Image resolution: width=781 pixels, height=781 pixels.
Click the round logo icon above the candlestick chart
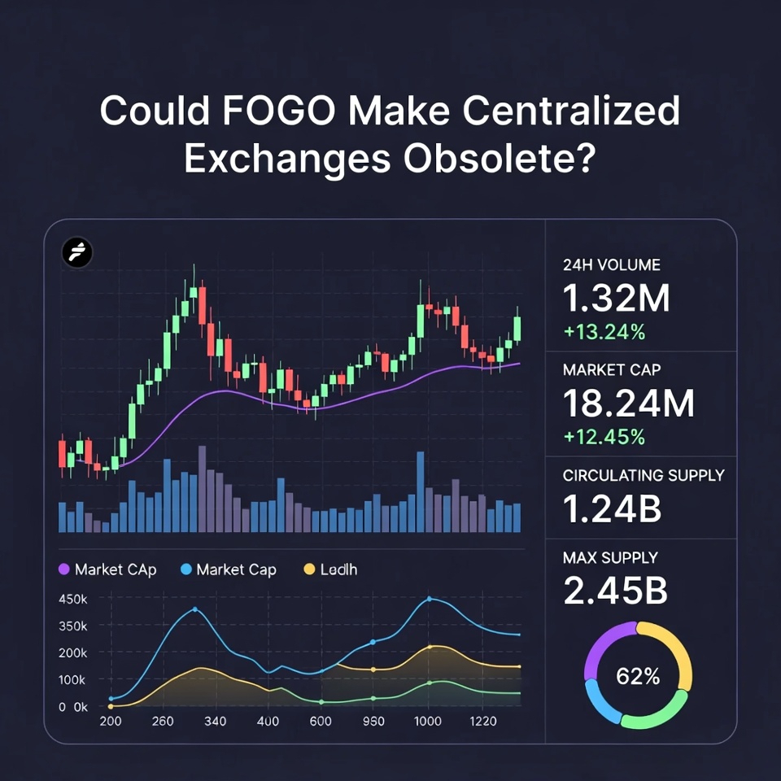pos(77,253)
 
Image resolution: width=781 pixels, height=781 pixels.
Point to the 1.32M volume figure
pos(616,299)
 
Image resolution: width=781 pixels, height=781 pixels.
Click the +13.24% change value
pos(604,331)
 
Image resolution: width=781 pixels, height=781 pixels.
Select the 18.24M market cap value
pos(629,404)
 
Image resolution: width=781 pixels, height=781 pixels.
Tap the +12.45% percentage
pos(604,437)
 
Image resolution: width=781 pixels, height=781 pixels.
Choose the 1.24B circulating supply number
pos(611,508)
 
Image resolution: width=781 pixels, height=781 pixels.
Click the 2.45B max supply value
pos(615,591)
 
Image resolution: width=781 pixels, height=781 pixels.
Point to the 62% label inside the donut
pos(638,675)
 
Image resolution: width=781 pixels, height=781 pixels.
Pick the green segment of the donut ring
pos(653,718)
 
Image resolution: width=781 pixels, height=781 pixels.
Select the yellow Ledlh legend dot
pos(309,569)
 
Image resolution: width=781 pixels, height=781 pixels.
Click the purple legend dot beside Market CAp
pos(64,569)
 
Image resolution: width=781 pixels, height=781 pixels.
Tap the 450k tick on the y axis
pos(73,600)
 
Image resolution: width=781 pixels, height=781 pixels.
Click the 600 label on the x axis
pos(321,721)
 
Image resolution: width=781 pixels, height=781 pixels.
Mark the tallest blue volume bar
pos(421,491)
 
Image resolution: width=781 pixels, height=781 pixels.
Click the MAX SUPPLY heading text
pos(610,558)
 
